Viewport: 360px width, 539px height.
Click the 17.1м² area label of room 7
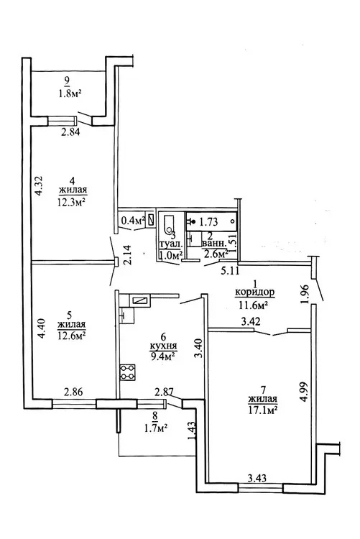(x=263, y=410)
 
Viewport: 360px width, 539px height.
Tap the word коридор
(x=255, y=292)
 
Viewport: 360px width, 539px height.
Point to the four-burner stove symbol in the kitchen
(x=128, y=372)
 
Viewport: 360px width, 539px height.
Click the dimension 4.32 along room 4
(x=40, y=185)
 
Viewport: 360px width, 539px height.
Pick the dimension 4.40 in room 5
(x=40, y=329)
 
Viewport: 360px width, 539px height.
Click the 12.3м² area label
(x=72, y=201)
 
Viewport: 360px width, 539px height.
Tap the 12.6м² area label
(x=72, y=335)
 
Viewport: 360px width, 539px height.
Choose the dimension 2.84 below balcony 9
(x=71, y=132)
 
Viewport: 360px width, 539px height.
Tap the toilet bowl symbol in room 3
(x=168, y=224)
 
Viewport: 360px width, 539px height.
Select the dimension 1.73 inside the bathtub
(x=208, y=222)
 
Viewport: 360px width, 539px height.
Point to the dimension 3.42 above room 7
(x=251, y=321)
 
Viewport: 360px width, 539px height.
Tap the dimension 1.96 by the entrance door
(x=305, y=293)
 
